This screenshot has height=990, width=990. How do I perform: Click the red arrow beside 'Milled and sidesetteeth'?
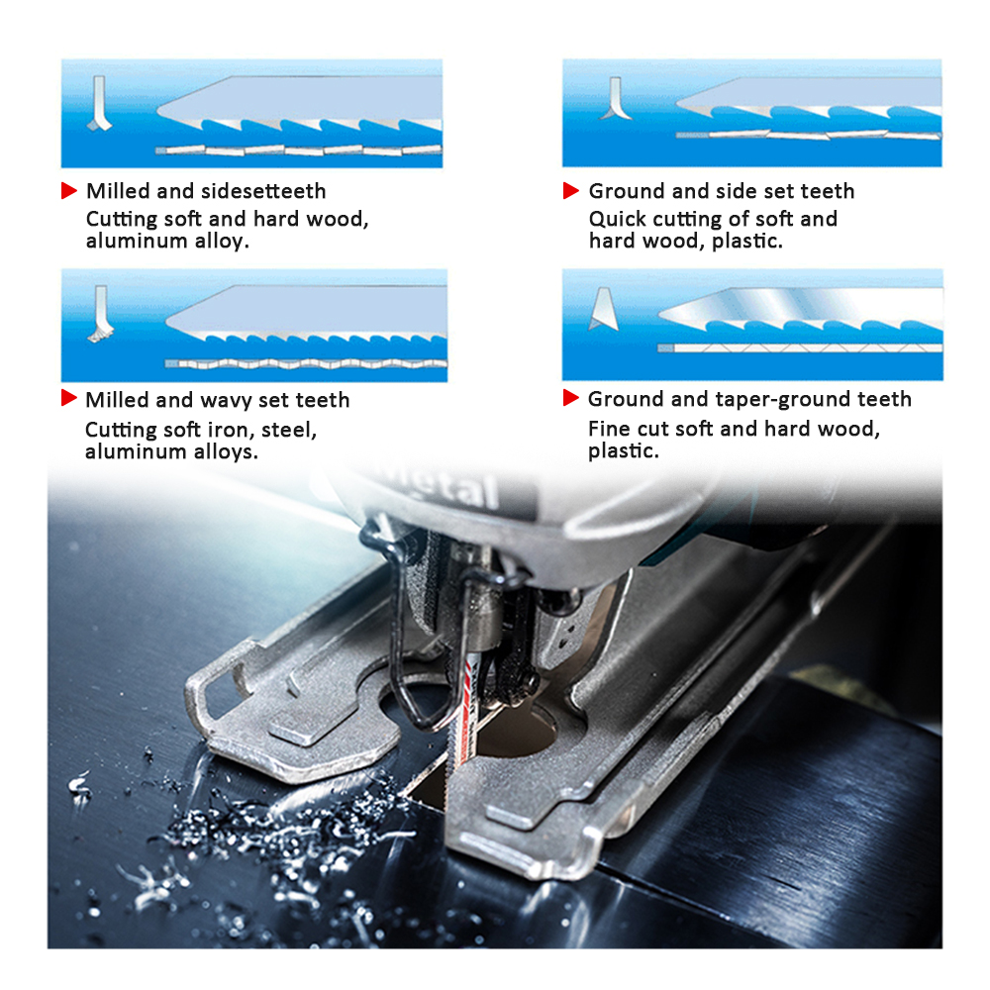click(x=69, y=191)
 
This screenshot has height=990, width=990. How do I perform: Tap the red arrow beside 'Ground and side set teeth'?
click(x=571, y=191)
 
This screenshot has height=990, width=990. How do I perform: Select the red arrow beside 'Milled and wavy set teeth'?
click(x=69, y=398)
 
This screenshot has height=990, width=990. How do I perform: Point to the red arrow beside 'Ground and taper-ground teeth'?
click(x=571, y=398)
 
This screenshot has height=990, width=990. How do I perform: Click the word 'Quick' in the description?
click(x=618, y=220)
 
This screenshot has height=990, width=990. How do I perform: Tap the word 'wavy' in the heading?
click(x=227, y=401)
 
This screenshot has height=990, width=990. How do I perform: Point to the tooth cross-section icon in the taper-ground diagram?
click(x=604, y=309)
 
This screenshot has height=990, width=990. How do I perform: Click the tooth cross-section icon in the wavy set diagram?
click(x=100, y=314)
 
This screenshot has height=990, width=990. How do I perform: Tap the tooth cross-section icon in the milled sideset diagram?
click(x=99, y=104)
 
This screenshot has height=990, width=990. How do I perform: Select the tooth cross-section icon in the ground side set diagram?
click(x=615, y=98)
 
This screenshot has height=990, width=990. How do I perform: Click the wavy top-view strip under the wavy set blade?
click(x=306, y=363)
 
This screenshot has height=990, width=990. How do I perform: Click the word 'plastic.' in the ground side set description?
click(x=746, y=242)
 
